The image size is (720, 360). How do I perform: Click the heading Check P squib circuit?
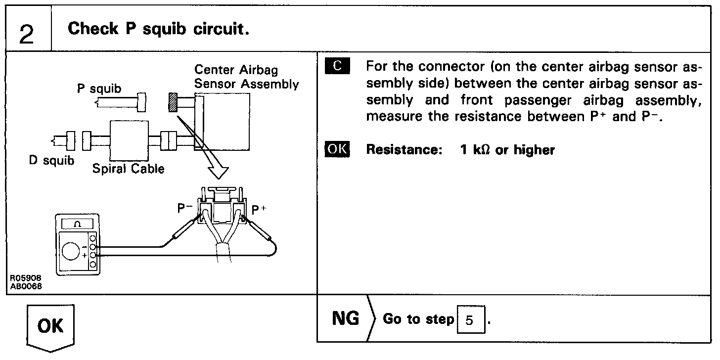[x=158, y=29]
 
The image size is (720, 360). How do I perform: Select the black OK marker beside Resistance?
[x=337, y=149]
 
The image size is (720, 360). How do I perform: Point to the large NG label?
[x=346, y=319]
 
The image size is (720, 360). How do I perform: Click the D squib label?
[x=51, y=161]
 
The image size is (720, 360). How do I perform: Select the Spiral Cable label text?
[x=128, y=169]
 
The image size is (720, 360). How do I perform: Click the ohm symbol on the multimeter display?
[x=78, y=224]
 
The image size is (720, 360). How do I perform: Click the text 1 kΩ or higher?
[x=507, y=150]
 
